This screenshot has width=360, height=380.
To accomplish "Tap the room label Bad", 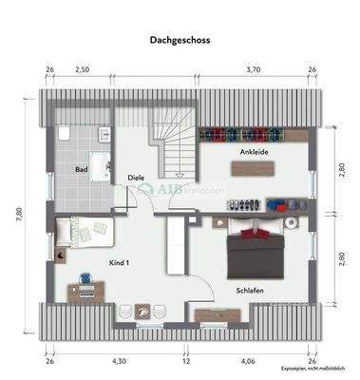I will (x=82, y=169).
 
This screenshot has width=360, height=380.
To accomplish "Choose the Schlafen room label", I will (x=249, y=290).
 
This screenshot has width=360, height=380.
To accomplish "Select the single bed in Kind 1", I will (x=86, y=230).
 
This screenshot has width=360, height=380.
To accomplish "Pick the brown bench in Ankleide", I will (x=252, y=168).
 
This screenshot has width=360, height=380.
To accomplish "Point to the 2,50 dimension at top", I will (x=83, y=69).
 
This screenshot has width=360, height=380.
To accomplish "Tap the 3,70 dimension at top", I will (x=253, y=69).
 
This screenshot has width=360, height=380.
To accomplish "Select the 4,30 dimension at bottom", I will (x=119, y=361).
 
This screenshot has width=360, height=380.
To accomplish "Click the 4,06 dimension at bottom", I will (x=248, y=361).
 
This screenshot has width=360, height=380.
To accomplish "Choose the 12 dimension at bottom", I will (x=186, y=361).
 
